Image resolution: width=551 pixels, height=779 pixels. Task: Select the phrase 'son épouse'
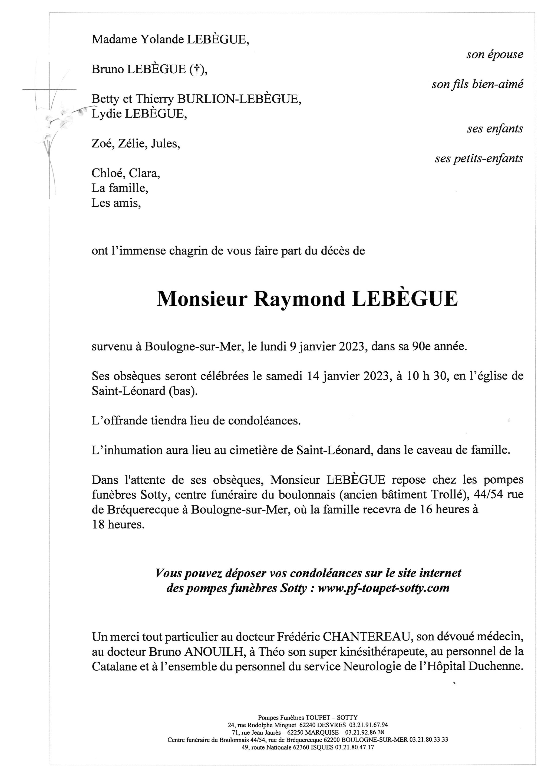point(494,54)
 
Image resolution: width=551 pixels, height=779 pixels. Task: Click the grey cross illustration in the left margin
point(50,90)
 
